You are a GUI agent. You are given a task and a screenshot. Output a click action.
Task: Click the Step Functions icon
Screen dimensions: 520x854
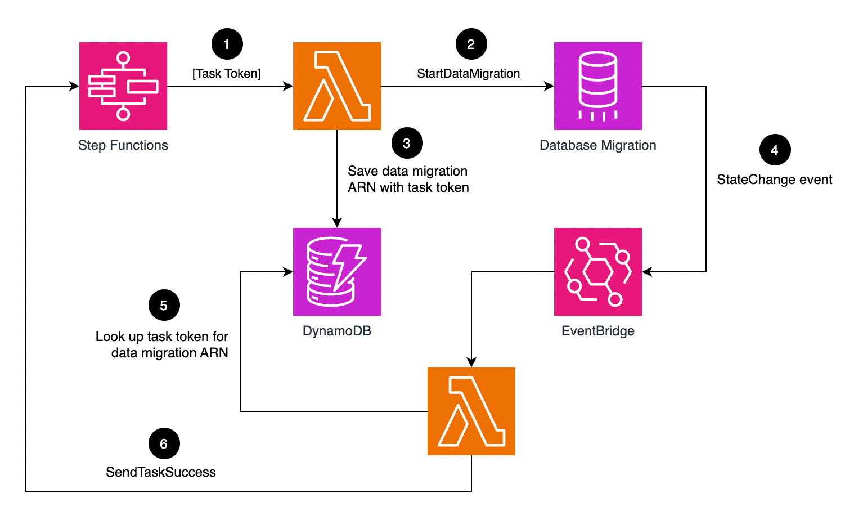123,86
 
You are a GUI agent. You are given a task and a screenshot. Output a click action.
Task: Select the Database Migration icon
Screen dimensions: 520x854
598,86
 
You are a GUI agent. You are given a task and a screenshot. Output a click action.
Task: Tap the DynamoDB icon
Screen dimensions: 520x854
337,272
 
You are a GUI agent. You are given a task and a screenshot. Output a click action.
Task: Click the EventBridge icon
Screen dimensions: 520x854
598,272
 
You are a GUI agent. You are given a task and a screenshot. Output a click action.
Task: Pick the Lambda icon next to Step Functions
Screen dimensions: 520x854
337,86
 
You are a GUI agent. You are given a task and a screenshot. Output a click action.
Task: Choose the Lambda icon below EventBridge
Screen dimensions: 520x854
471,411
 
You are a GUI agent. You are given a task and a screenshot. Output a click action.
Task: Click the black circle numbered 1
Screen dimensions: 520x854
227,44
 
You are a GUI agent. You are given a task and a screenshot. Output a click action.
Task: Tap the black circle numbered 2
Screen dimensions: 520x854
471,44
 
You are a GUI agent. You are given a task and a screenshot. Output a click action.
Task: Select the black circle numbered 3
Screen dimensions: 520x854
407,144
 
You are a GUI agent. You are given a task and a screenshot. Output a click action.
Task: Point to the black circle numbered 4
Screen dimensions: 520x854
775,150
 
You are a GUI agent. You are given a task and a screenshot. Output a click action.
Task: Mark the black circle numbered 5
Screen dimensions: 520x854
164,305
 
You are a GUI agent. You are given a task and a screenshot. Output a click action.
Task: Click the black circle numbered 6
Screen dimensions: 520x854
164,443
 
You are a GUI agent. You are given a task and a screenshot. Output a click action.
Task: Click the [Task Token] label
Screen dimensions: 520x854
227,74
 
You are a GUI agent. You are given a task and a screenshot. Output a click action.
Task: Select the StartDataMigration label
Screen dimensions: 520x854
468,74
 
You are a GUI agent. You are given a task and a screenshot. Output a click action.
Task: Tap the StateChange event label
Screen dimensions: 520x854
774,180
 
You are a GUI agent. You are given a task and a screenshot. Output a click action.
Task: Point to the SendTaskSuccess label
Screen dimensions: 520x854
161,472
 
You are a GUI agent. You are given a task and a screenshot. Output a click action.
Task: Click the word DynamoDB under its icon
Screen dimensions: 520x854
337,331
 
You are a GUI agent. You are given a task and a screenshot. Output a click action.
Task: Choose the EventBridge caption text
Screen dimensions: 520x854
598,331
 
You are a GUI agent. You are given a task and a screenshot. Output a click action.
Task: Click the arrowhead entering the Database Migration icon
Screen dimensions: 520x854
549,86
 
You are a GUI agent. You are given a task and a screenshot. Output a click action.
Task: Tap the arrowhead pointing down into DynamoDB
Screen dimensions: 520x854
337,222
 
